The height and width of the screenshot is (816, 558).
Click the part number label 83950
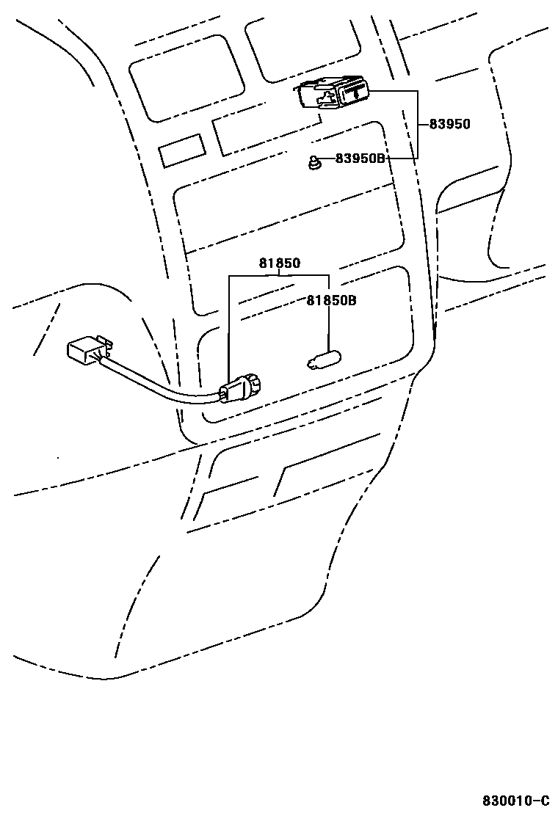(449, 125)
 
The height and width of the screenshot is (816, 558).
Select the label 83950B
(360, 159)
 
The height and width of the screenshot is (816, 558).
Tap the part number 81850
(279, 263)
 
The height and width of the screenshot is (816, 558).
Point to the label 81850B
(331, 300)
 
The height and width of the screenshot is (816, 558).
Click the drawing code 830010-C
(515, 799)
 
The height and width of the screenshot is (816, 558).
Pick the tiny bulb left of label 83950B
(314, 163)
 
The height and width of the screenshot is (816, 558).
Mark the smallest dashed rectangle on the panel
(181, 151)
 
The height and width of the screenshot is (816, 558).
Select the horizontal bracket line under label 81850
(279, 276)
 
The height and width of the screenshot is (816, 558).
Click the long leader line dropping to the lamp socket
(230, 330)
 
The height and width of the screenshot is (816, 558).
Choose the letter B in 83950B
(380, 159)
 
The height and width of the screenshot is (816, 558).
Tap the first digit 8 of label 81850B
(310, 300)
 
